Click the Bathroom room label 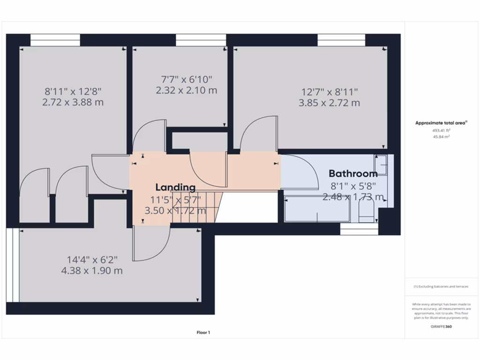pyautogui.click(x=353, y=174)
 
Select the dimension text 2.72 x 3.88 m pyautogui.click(x=73, y=102)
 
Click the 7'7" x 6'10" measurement pyautogui.click(x=186, y=79)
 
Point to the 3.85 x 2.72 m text pyautogui.click(x=329, y=103)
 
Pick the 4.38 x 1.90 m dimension pyautogui.click(x=92, y=271)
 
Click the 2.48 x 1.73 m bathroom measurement pyautogui.click(x=353, y=197)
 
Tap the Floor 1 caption pyautogui.click(x=203, y=333)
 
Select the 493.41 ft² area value pyautogui.click(x=441, y=131)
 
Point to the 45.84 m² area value pyautogui.click(x=441, y=137)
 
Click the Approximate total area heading pyautogui.click(x=441, y=123)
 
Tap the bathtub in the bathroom pyautogui.click(x=317, y=210)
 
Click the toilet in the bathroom pyautogui.click(x=366, y=210)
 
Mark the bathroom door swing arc pyautogui.click(x=300, y=171)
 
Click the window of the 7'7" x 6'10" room pyautogui.click(x=201, y=41)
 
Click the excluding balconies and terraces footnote pyautogui.click(x=441, y=286)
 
